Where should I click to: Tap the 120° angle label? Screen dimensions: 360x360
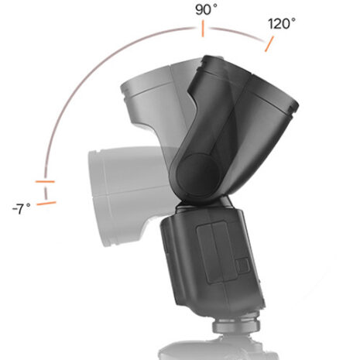coord(282,23)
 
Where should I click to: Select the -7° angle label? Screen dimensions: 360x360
coord(22,208)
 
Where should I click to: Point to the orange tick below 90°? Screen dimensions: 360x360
coord(202,29)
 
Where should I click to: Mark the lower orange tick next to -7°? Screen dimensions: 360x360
coord(46,203)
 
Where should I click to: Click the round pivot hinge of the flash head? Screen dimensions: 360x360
coord(201,172)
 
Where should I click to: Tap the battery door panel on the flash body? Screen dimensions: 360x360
coord(212,249)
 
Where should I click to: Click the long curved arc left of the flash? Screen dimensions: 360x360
coord(85,85)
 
